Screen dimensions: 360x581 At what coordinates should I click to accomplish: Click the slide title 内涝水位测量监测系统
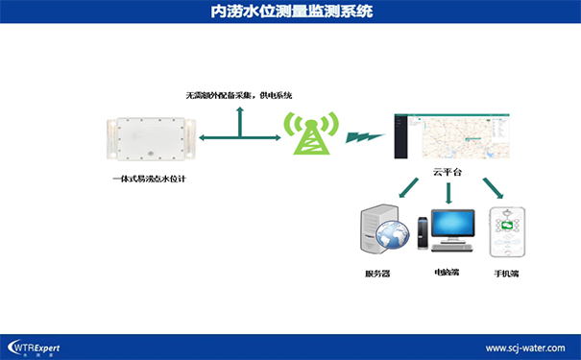point(291,12)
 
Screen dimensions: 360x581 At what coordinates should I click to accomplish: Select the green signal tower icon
point(310,135)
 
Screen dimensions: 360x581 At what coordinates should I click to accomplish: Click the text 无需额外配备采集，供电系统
point(239,96)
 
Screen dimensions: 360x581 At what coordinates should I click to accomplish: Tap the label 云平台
point(448,172)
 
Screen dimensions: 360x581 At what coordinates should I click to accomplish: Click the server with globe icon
point(384,231)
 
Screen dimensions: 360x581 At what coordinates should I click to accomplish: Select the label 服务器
point(378,274)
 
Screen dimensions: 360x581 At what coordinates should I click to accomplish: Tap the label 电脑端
point(447,273)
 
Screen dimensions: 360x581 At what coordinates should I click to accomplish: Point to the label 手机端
point(506,274)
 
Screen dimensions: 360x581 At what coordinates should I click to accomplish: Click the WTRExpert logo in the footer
point(36,347)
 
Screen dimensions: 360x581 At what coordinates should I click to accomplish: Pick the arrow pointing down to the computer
point(448,193)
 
